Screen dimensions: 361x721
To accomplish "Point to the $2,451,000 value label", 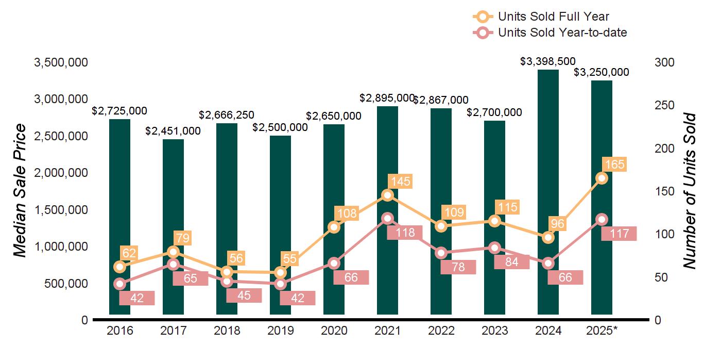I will pyautogui.click(x=173, y=131).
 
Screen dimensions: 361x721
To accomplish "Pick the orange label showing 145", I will pyautogui.click(x=401, y=182).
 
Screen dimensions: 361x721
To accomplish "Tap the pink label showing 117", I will pyautogui.click(x=619, y=234).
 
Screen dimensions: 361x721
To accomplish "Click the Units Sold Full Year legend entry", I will pyautogui.click(x=554, y=17).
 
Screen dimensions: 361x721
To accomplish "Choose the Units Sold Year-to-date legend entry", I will pyautogui.click(x=562, y=32).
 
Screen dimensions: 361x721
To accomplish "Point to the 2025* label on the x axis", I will pyautogui.click(x=602, y=331).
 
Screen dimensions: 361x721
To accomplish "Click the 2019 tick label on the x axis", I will pyautogui.click(x=281, y=331).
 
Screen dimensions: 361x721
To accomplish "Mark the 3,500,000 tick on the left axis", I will pyautogui.click(x=61, y=63).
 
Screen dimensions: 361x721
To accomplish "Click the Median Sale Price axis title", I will pyautogui.click(x=20, y=191).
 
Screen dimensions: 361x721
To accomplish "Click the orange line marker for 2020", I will pyautogui.click(x=334, y=227).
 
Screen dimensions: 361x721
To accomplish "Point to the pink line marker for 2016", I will pyautogui.click(x=120, y=284).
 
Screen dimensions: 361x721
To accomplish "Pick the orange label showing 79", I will pyautogui.click(x=182, y=238).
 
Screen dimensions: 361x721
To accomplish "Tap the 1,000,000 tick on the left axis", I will pyautogui.click(x=61, y=247).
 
